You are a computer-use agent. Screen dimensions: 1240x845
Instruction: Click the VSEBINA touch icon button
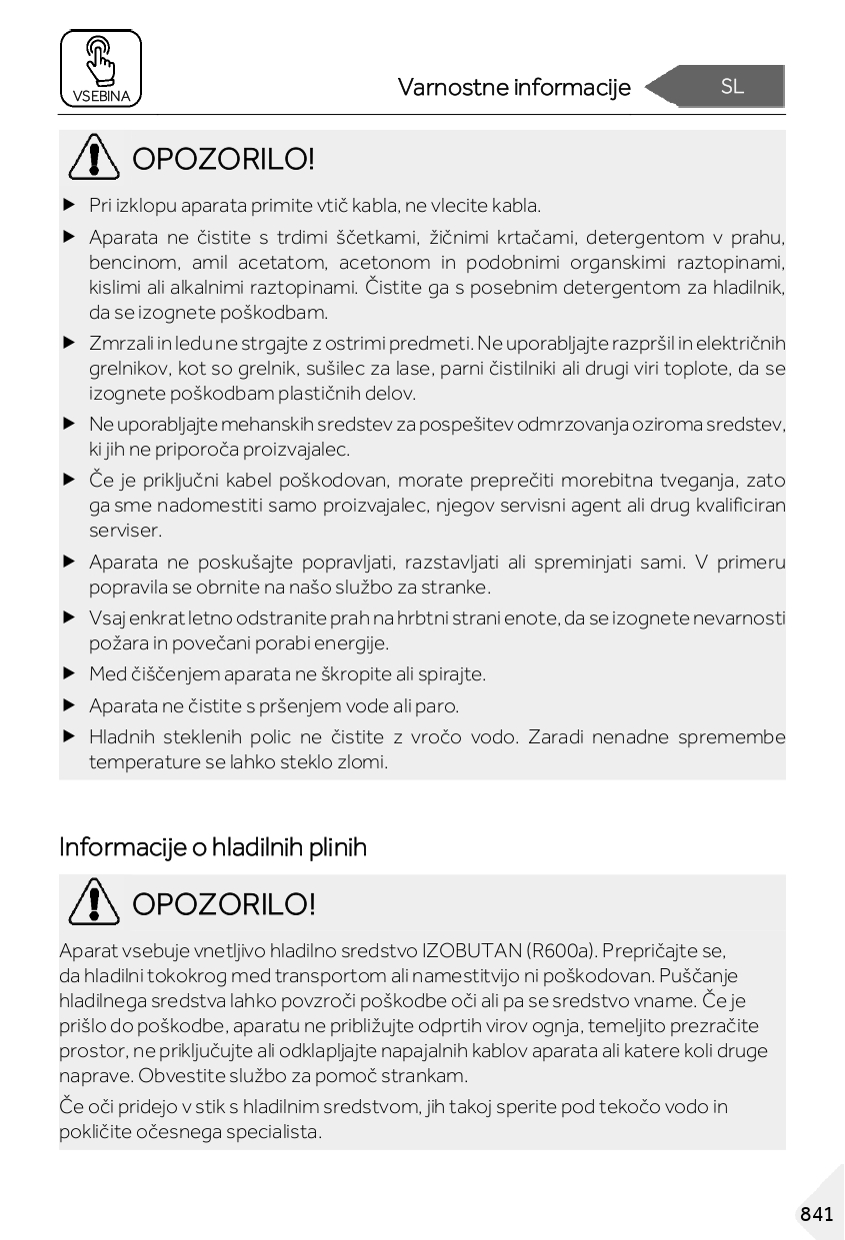pos(100,68)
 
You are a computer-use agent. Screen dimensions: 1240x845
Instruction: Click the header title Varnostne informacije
pos(514,88)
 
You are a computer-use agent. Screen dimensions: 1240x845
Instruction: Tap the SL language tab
pos(732,87)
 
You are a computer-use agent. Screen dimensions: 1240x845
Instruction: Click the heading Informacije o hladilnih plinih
pos(213,847)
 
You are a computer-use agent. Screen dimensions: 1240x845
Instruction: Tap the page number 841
pos(816,1214)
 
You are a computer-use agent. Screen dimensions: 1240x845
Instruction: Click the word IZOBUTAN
pos(469,949)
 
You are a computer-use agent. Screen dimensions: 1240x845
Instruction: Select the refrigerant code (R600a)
pos(560,949)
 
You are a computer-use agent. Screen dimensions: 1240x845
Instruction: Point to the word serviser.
pos(125,531)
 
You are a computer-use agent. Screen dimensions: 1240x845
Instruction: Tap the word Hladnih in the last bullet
pos(120,737)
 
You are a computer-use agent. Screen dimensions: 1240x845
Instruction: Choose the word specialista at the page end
pos(273,1132)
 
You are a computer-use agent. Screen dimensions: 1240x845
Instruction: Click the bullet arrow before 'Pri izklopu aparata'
pos(69,206)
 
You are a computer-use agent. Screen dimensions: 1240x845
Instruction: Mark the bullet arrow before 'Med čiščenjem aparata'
pos(69,674)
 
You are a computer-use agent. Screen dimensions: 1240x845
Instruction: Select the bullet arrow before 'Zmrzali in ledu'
pos(69,343)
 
